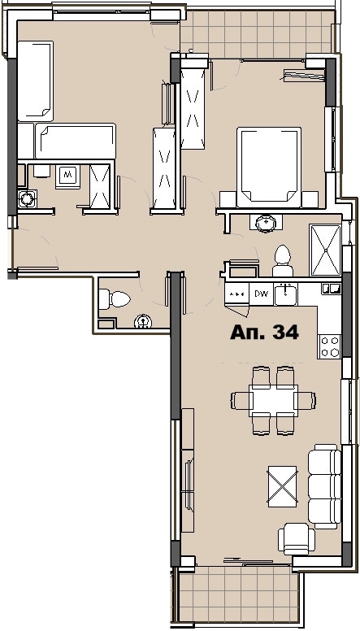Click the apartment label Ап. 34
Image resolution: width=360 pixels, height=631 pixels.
[x=264, y=332]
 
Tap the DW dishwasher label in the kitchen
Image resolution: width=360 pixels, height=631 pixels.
[x=261, y=294]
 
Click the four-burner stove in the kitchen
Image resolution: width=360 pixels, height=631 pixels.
[x=329, y=346]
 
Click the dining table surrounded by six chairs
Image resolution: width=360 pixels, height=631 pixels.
[x=273, y=400]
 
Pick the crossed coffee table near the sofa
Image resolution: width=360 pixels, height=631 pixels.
[x=282, y=486]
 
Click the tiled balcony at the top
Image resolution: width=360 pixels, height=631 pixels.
[x=256, y=33]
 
